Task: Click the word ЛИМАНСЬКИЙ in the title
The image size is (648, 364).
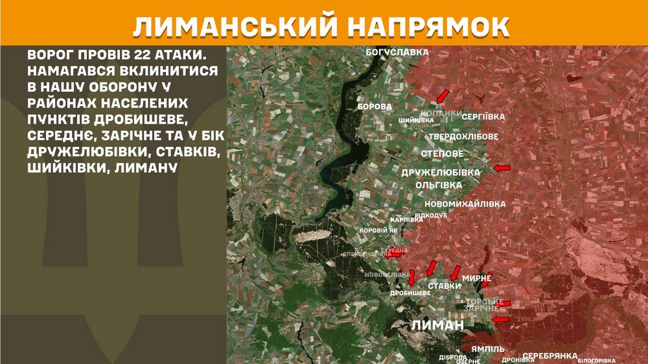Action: coord(234,27)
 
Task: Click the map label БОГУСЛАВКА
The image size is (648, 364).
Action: coord(398,51)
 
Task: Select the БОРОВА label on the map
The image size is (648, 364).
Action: coord(375,106)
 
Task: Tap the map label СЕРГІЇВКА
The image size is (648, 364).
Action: coord(483,117)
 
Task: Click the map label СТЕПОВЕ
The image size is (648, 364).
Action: coord(442,154)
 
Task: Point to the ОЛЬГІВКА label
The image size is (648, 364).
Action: coord(439,185)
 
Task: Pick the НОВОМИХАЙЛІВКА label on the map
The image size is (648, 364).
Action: coord(465,204)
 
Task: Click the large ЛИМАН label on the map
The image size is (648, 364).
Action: coord(438,325)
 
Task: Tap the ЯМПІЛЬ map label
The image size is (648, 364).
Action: coord(488,349)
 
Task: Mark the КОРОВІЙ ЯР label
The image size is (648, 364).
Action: coord(378,230)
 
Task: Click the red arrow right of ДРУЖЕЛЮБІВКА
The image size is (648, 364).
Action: coord(502,168)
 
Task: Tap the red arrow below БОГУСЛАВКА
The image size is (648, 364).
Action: coord(442,97)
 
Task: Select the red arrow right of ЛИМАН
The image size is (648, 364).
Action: coord(500,319)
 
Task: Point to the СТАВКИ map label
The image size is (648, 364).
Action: coord(445,286)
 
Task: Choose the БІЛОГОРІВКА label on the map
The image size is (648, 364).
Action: coord(596,360)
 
